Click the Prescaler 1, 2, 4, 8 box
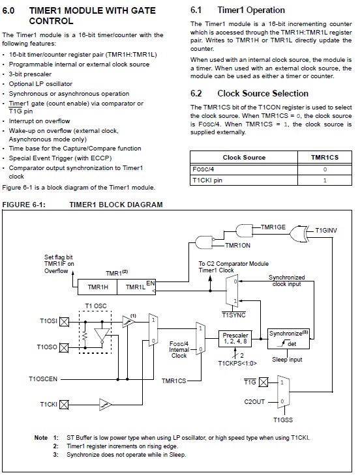click(x=235, y=338)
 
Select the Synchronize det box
click(x=288, y=339)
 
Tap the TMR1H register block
click(x=98, y=287)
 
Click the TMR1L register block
click(x=136, y=287)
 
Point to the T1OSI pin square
click(x=64, y=321)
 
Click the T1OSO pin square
click(x=64, y=348)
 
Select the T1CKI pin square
click(x=64, y=405)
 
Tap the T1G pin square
click(x=263, y=382)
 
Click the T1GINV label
click(x=326, y=231)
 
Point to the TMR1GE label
click(x=273, y=227)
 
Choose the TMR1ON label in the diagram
click(x=238, y=246)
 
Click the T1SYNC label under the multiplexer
click(x=233, y=315)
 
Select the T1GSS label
click(x=283, y=420)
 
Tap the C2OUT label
click(x=254, y=401)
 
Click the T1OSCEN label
click(x=43, y=379)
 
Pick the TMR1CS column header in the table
click(x=325, y=158)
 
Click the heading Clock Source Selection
click(x=263, y=93)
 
